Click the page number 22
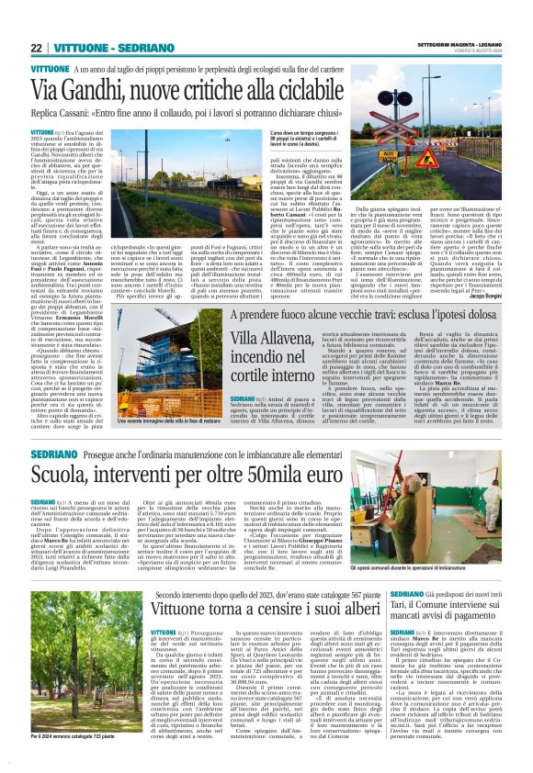pos(36,47)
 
